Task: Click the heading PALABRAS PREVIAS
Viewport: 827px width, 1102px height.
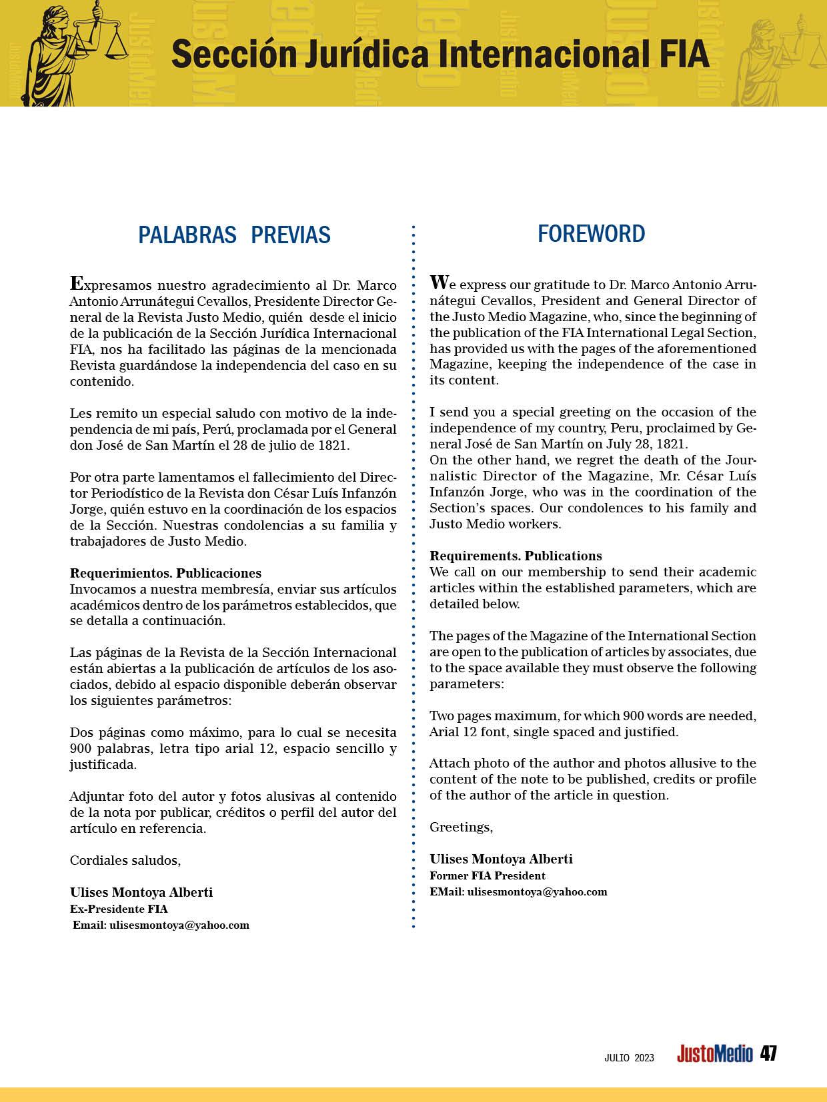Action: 234,235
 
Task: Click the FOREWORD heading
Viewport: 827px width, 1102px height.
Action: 591,234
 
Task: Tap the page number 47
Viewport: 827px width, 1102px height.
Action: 768,1053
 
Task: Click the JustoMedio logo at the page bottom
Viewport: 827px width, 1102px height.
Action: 714,1055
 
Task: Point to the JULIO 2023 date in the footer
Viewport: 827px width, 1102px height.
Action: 629,1057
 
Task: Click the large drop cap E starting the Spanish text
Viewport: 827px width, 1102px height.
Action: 77,283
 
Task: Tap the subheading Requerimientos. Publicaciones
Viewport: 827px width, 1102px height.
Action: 165,573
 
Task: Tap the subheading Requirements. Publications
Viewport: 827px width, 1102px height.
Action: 516,556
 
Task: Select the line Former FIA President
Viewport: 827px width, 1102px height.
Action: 487,875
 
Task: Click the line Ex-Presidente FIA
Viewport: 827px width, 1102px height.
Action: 119,909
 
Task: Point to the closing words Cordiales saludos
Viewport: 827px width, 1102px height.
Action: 125,860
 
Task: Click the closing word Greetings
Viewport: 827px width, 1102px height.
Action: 461,827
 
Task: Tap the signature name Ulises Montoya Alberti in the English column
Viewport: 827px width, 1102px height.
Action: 501,859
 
